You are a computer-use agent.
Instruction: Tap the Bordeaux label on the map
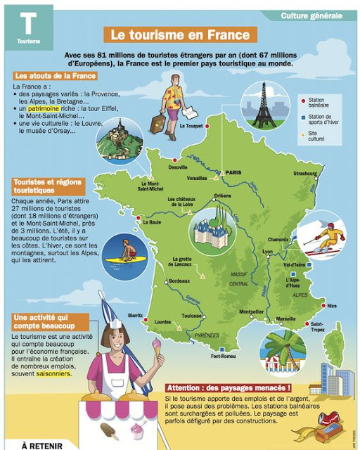179,281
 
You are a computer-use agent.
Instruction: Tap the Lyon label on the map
267,251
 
